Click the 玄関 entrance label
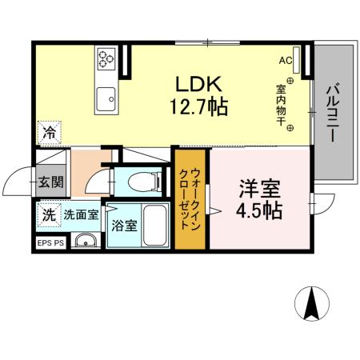click(50, 182)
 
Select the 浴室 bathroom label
click(125, 226)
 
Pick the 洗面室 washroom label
click(80, 214)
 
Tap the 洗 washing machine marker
click(49, 214)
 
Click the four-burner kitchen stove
click(107, 58)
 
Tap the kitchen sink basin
click(106, 101)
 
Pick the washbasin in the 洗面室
click(84, 241)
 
